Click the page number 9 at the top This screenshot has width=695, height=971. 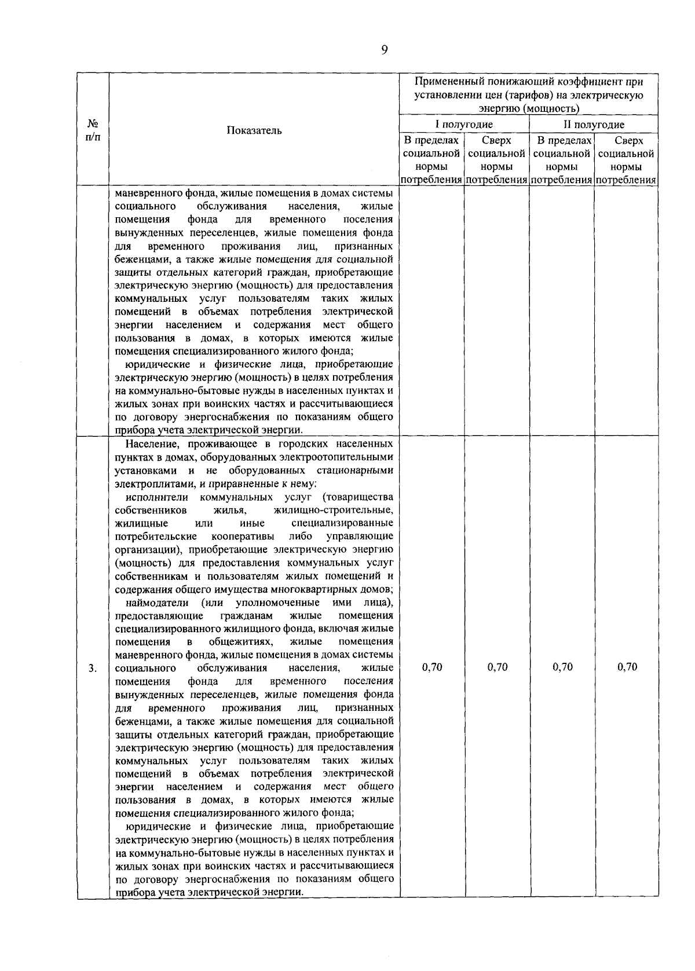tap(384, 50)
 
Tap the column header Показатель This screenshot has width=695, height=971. tap(254, 130)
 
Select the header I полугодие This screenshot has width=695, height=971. tap(464, 125)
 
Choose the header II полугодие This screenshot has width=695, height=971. tap(594, 125)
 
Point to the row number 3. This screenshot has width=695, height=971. tap(93, 668)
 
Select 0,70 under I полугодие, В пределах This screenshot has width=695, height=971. tap(432, 667)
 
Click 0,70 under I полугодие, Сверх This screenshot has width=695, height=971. tap(498, 667)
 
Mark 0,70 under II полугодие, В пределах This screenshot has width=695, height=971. tap(562, 667)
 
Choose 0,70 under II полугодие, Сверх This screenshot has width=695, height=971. tap(627, 667)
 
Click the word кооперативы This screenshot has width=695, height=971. tap(243, 536)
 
